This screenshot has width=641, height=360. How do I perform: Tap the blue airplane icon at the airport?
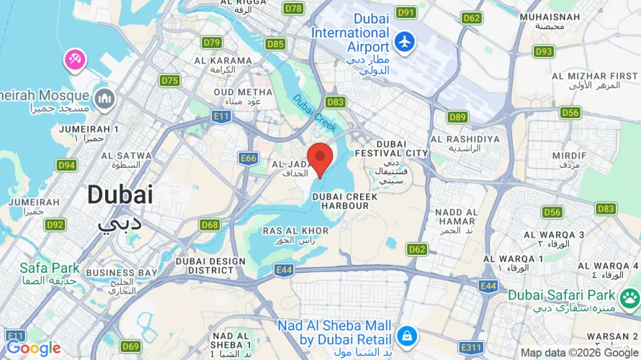coord(405,42)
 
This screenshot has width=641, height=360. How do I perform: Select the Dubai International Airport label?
coord(350,32)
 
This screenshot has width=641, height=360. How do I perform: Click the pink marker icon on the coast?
coord(74,60)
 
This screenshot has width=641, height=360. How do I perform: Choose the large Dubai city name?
coord(120,194)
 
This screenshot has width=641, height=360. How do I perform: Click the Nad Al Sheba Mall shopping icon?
coord(407,336)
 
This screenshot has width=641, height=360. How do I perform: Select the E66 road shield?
coord(248,158)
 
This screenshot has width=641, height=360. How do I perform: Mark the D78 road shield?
coord(293,9)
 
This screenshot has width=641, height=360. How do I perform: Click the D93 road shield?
coord(544,51)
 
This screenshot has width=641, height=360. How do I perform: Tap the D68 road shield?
coord(210,225)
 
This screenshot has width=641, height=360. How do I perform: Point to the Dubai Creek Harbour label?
coord(341,200)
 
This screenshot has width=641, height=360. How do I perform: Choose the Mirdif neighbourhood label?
coord(569,160)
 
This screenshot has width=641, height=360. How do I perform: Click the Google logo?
coord(33,348)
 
